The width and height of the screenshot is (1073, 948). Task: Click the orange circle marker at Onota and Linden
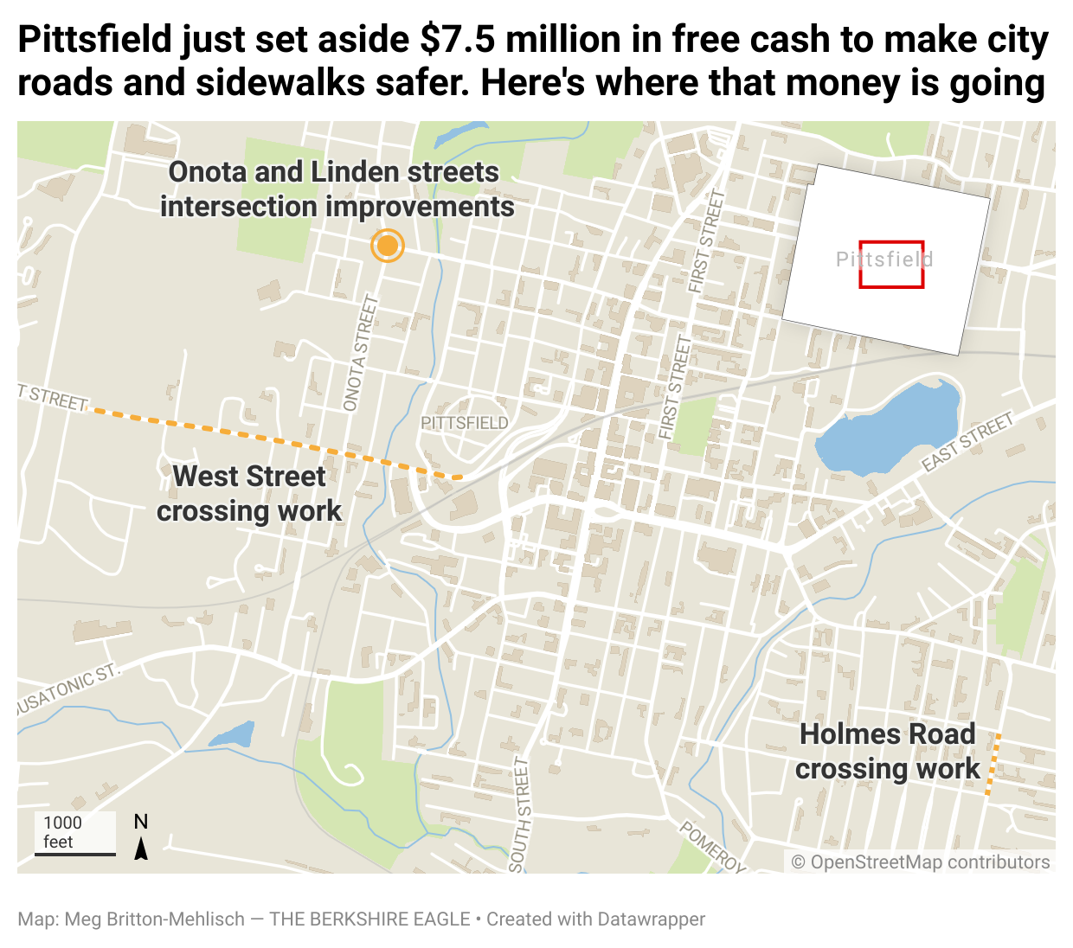pyautogui.click(x=387, y=247)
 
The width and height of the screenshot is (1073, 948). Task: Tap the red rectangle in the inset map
pyautogui.click(x=891, y=264)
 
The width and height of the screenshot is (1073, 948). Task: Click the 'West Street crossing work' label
pyautogui.click(x=249, y=493)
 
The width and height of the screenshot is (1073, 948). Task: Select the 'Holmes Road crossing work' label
pyautogui.click(x=887, y=751)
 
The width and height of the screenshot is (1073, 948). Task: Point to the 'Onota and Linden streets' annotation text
pyautogui.click(x=336, y=189)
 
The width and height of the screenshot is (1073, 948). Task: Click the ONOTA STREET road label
pyautogui.click(x=362, y=353)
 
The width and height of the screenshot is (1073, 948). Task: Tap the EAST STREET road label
pyautogui.click(x=967, y=443)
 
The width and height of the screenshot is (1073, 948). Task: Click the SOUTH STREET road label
pyautogui.click(x=520, y=813)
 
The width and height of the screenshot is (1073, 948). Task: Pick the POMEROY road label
pyautogui.click(x=712, y=846)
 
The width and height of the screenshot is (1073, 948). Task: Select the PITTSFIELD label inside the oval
pyautogui.click(x=465, y=423)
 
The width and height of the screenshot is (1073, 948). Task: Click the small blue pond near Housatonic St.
pyautogui.click(x=234, y=736)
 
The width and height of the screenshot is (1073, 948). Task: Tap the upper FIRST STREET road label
pyautogui.click(x=706, y=241)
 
